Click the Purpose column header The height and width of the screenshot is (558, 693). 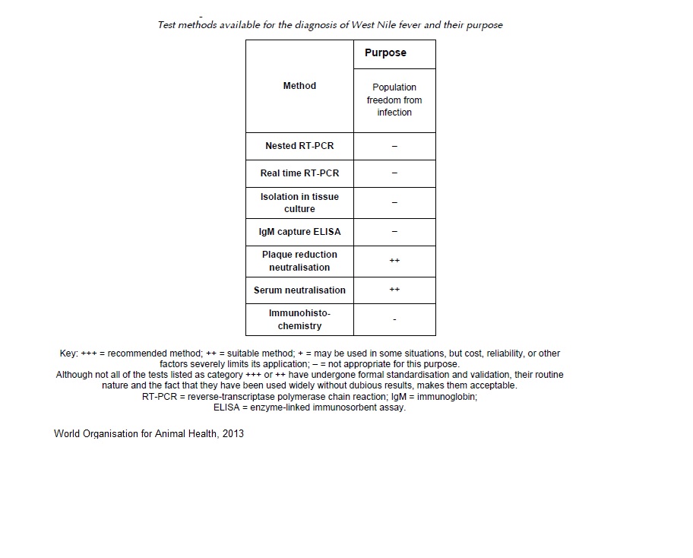(385, 53)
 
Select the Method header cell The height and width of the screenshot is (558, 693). (299, 86)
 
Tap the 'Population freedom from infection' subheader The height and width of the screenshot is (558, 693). (394, 100)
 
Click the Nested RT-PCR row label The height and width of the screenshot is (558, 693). (299, 146)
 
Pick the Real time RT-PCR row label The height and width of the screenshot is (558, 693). (299, 173)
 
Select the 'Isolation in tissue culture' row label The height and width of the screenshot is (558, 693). (299, 203)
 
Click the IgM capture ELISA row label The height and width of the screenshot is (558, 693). (299, 232)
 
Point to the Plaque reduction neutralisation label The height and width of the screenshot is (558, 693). (299, 261)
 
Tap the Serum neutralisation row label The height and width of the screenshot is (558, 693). (299, 290)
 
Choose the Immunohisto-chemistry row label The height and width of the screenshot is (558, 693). (299, 319)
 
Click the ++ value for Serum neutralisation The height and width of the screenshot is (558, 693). (394, 290)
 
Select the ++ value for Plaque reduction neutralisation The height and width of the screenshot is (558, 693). (394, 261)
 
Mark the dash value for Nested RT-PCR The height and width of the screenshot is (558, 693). (394, 146)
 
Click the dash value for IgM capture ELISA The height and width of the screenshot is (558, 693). (394, 232)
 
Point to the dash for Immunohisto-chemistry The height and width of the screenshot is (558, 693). (394, 320)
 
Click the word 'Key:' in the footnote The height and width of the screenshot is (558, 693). (68, 354)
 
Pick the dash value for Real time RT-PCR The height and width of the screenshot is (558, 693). (394, 173)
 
